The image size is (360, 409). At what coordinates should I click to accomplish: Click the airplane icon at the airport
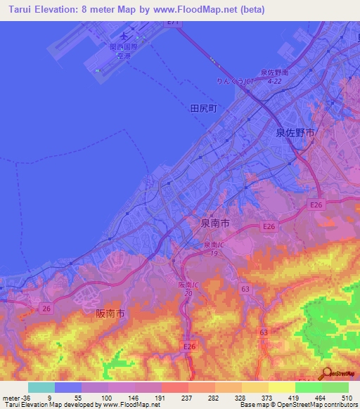pos(125,34)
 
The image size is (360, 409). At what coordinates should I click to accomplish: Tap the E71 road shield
pos(174,22)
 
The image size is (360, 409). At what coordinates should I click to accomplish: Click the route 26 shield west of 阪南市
pos(46,308)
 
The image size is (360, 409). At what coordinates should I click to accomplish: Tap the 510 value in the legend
pos(345,397)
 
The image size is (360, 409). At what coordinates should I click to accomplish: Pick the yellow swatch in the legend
pos(282,387)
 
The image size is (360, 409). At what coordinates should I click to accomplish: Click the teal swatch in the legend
pos(41,387)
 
